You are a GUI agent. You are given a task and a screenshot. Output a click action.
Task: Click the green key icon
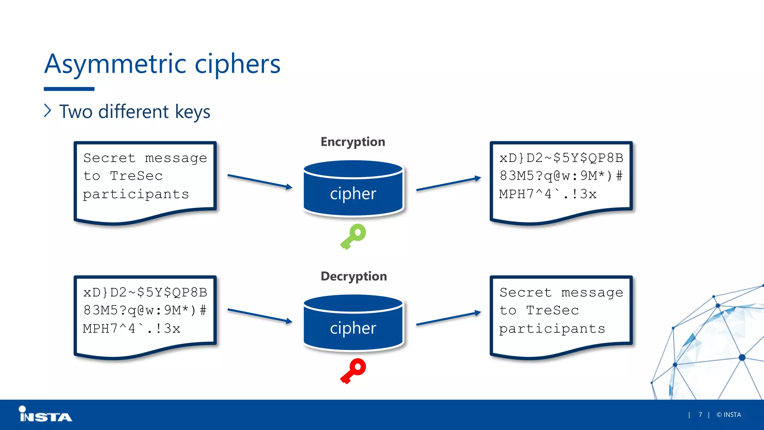pyautogui.click(x=353, y=236)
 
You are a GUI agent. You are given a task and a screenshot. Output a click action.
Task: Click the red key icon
pyautogui.click(x=353, y=370)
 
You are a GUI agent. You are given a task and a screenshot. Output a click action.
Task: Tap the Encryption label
pyautogui.click(x=353, y=142)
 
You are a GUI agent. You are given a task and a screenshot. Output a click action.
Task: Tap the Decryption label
pyautogui.click(x=354, y=276)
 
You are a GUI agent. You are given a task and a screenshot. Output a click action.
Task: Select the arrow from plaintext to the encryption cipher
pyautogui.click(x=260, y=181)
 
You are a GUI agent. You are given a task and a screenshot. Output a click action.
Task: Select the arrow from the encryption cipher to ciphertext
pyautogui.click(x=448, y=184)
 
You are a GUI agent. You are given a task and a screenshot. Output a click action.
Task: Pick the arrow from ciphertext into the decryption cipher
pyautogui.click(x=260, y=316)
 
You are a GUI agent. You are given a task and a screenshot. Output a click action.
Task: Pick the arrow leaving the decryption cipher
pyautogui.click(x=448, y=318)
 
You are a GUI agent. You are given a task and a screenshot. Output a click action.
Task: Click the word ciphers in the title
pyautogui.click(x=238, y=64)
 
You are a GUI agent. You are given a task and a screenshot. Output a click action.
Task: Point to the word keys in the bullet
pyautogui.click(x=192, y=112)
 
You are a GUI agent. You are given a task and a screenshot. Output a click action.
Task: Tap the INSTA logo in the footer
pyautogui.click(x=45, y=415)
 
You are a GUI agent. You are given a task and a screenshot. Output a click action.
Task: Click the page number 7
pyautogui.click(x=700, y=415)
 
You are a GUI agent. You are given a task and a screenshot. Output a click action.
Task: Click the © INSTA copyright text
pyautogui.click(x=729, y=415)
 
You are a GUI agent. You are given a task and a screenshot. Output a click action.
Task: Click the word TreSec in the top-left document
pyautogui.click(x=136, y=176)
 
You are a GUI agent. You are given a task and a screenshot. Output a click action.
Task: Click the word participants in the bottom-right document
pyautogui.click(x=552, y=329)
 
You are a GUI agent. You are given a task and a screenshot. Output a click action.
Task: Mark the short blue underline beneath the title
pyautogui.click(x=69, y=89)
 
